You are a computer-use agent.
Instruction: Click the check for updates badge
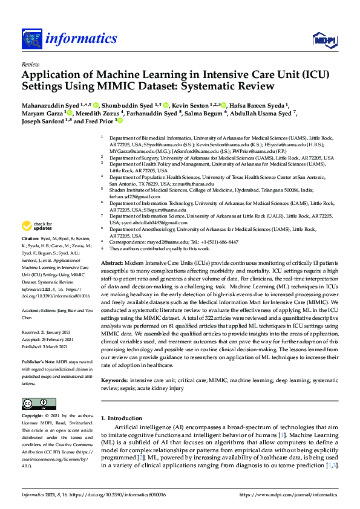pos(36,226)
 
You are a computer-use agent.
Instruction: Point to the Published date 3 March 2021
pos(47,346)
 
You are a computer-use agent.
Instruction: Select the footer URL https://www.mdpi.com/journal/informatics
pos(289,494)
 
